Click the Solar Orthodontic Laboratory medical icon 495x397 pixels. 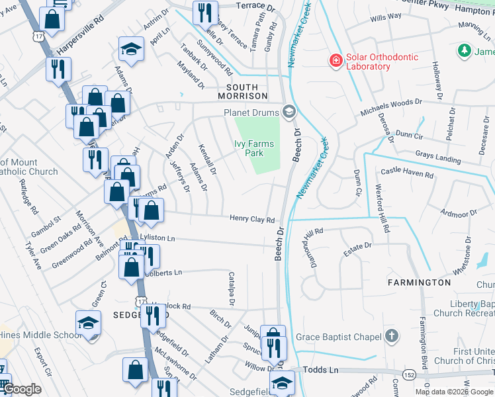pos(336,61)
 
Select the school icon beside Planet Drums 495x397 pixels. pos(289,112)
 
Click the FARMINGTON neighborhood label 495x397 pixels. pos(420,283)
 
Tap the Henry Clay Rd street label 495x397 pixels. pos(252,219)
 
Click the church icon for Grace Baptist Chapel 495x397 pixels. pos(392,337)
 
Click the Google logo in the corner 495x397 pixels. pos(21,389)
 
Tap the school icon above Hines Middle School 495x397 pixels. pos(87,323)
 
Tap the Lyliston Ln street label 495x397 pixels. pos(157,238)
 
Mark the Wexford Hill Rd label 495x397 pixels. pos(383,208)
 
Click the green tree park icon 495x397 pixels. pos(465,51)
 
